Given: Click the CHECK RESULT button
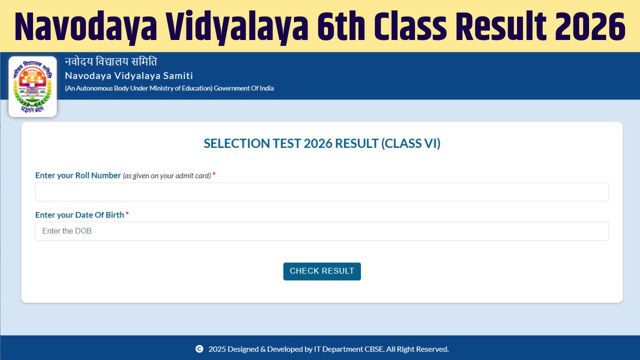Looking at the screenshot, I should (321, 271).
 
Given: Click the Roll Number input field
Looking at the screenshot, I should (321, 192).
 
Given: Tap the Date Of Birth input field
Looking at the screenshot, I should (321, 231).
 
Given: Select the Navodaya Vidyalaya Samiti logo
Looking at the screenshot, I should (32, 86).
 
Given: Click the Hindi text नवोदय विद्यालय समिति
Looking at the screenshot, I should (110, 62).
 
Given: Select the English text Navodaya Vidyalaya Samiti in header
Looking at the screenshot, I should (128, 75).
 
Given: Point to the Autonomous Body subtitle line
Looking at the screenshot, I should (169, 88).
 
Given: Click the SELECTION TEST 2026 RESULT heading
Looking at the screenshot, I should (321, 143).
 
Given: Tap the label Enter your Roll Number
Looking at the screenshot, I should (78, 175).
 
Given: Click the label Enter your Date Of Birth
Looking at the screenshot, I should (79, 214).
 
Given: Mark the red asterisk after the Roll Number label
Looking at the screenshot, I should (214, 174).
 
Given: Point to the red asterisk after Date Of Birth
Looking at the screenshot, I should (127, 214).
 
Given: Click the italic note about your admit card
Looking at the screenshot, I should (166, 176).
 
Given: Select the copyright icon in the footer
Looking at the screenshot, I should (199, 349).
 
